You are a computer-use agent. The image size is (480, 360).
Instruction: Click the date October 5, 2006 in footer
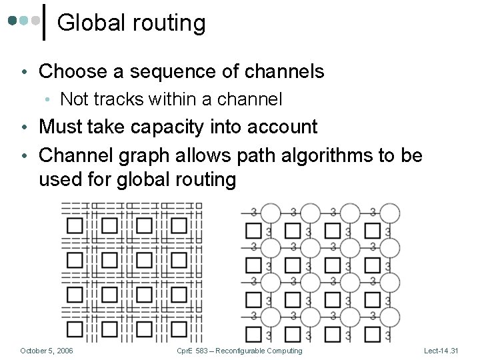tap(47, 351)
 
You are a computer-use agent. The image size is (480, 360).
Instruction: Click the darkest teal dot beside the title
tap(13, 21)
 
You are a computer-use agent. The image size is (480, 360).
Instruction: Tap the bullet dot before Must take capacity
tap(24, 127)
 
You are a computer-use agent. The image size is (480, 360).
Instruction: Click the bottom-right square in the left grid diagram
tap(179, 329)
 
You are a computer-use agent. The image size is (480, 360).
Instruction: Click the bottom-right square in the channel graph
tap(373, 333)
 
